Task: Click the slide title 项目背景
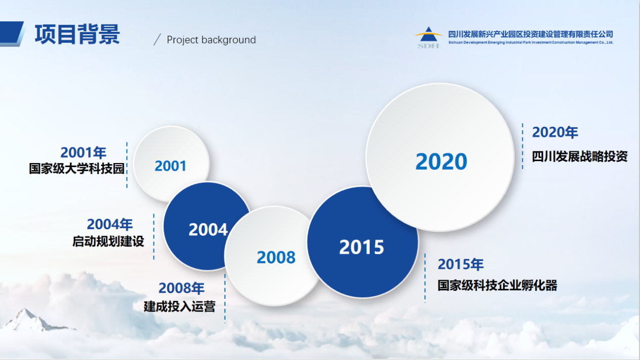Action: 77,34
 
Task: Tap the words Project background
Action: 211,40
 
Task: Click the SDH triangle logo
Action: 428,37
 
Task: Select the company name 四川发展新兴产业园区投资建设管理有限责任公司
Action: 530,34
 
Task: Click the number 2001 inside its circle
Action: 171,166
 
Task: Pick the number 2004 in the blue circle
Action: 208,230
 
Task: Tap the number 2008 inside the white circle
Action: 276,257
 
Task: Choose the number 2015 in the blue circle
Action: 362,247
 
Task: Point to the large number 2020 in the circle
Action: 441,162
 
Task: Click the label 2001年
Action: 83,152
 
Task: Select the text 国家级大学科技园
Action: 77,169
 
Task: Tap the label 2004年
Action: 110,224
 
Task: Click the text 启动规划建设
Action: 108,241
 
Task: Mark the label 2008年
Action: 181,288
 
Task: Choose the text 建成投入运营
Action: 179,306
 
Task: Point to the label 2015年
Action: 461,264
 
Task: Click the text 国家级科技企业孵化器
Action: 498,285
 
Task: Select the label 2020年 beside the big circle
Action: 555,132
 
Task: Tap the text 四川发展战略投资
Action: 580,157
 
